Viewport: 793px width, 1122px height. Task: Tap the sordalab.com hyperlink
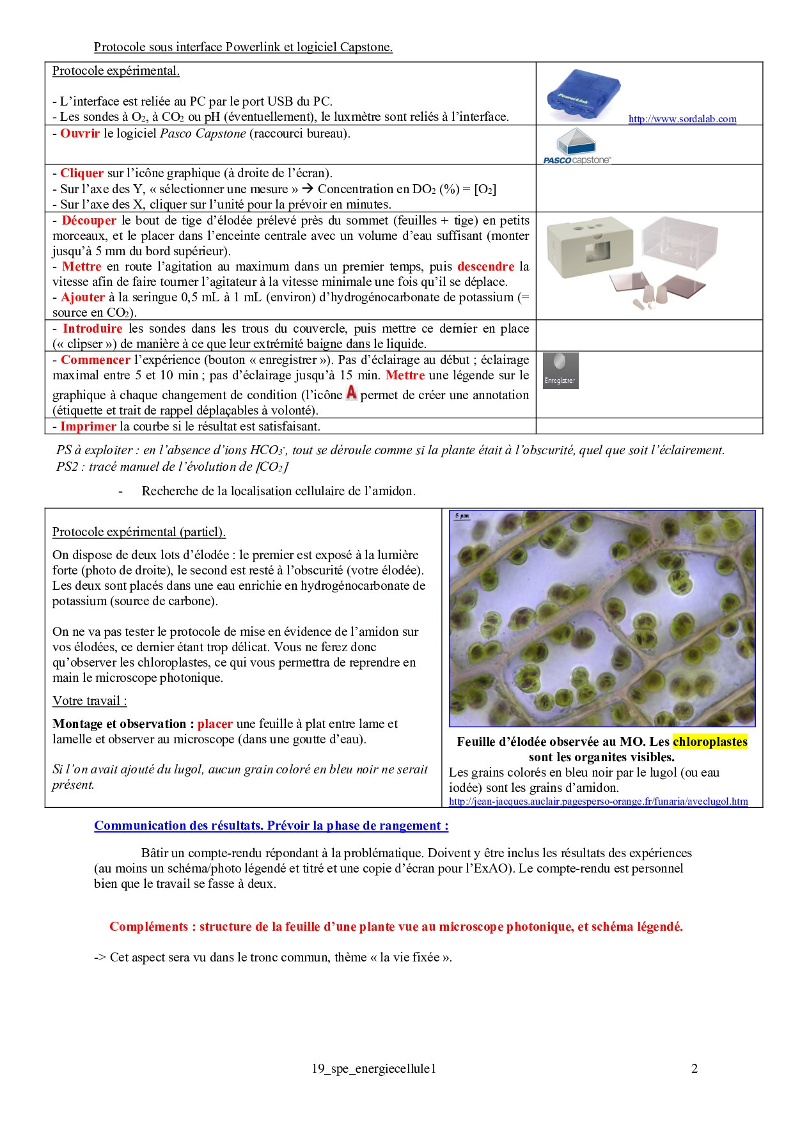(x=682, y=119)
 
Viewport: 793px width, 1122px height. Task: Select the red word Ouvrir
(x=80, y=134)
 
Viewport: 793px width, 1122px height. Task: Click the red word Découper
(x=89, y=221)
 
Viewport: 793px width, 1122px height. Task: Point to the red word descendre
(x=485, y=267)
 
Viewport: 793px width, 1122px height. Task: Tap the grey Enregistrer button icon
(x=560, y=370)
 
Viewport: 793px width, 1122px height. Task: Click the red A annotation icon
(x=351, y=393)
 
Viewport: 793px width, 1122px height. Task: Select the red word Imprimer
(x=88, y=427)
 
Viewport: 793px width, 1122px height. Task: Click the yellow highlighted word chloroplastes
(x=710, y=742)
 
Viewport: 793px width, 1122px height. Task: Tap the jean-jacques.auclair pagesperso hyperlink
(x=598, y=802)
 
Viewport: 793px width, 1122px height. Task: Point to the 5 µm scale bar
(x=462, y=516)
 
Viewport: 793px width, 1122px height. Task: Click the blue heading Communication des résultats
(x=271, y=826)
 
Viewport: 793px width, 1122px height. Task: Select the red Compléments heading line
(x=396, y=927)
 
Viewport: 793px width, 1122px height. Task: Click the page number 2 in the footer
(x=694, y=1068)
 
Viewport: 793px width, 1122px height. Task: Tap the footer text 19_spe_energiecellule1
(x=373, y=1068)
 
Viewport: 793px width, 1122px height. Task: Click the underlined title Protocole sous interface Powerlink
(x=243, y=47)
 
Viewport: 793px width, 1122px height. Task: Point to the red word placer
(x=215, y=724)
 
